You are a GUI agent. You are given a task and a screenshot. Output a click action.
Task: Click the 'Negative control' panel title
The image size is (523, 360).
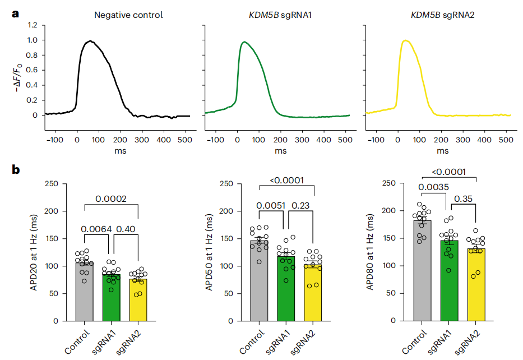click(x=128, y=15)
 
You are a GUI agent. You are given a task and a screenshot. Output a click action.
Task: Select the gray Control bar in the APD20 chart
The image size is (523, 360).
click(x=84, y=292)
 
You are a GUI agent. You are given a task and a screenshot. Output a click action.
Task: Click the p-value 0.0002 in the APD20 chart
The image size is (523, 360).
click(x=110, y=199)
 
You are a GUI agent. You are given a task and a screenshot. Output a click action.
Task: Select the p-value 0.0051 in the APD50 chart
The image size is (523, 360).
click(x=272, y=206)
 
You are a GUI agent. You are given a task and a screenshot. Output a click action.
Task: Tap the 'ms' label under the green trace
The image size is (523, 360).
click(x=280, y=151)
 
